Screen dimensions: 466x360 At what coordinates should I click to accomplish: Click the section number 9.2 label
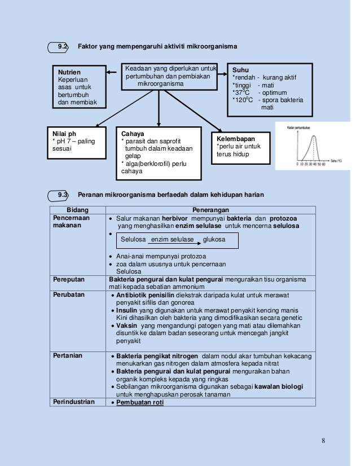point(63,46)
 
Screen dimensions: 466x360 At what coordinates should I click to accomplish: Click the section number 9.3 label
point(63,195)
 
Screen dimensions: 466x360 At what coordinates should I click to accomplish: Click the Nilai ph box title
point(64,134)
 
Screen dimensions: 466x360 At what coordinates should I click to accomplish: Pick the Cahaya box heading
point(133,134)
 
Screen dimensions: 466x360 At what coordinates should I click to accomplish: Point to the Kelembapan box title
point(236,139)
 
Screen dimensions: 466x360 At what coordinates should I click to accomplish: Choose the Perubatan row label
point(67,295)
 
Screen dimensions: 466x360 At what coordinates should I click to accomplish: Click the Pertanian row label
point(67,356)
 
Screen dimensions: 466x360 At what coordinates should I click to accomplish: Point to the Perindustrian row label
point(74,402)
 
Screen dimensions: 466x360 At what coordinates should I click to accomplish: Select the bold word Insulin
point(128,310)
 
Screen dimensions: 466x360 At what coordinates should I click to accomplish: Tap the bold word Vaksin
point(127,326)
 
